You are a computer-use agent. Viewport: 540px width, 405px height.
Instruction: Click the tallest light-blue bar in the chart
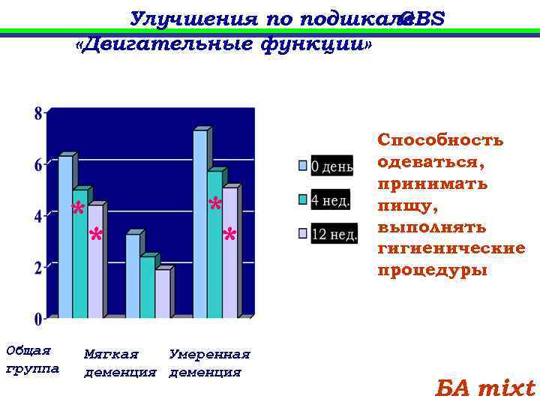pos(199,225)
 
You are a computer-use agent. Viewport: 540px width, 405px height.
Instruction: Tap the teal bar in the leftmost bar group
pos(79,255)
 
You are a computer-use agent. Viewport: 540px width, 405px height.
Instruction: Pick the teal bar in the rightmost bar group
pos(214,244)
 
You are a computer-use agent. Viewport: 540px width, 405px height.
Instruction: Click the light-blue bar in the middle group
pos(132,277)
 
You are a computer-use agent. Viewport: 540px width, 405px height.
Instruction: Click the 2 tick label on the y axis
pos(37,268)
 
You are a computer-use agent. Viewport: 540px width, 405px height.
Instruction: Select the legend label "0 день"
pos(331,166)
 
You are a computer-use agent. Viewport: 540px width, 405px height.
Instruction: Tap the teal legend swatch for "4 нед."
pos(303,199)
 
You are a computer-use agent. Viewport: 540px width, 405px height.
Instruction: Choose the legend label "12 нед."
pos(334,234)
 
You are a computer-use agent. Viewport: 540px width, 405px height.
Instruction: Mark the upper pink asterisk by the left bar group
pos(77,211)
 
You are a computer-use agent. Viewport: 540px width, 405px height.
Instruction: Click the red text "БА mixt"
pos(485,388)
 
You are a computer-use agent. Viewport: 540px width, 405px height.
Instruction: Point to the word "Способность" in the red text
pos(440,140)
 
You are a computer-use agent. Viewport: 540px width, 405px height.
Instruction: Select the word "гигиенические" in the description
pos(451,248)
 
